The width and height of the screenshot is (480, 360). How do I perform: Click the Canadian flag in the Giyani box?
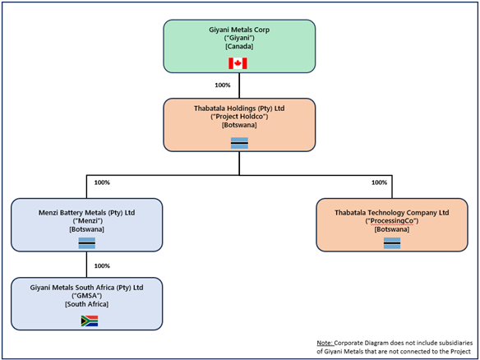(x=238, y=63)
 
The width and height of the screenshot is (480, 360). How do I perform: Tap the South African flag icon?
(x=89, y=321)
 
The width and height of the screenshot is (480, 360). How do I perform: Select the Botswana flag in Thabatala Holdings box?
(x=238, y=143)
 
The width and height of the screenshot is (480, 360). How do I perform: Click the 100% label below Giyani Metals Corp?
(x=221, y=85)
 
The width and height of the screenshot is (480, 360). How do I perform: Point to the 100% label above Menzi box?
(x=103, y=182)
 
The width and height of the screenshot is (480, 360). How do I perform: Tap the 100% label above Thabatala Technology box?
(x=379, y=182)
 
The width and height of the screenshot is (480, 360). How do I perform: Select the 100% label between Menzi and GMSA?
(x=102, y=265)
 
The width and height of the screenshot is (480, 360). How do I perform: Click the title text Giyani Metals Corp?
(x=238, y=29)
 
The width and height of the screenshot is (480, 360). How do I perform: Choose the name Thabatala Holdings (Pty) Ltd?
(x=238, y=107)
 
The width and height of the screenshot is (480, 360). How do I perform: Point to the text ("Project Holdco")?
(x=238, y=116)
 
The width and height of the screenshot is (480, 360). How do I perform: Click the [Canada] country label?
(x=238, y=47)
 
